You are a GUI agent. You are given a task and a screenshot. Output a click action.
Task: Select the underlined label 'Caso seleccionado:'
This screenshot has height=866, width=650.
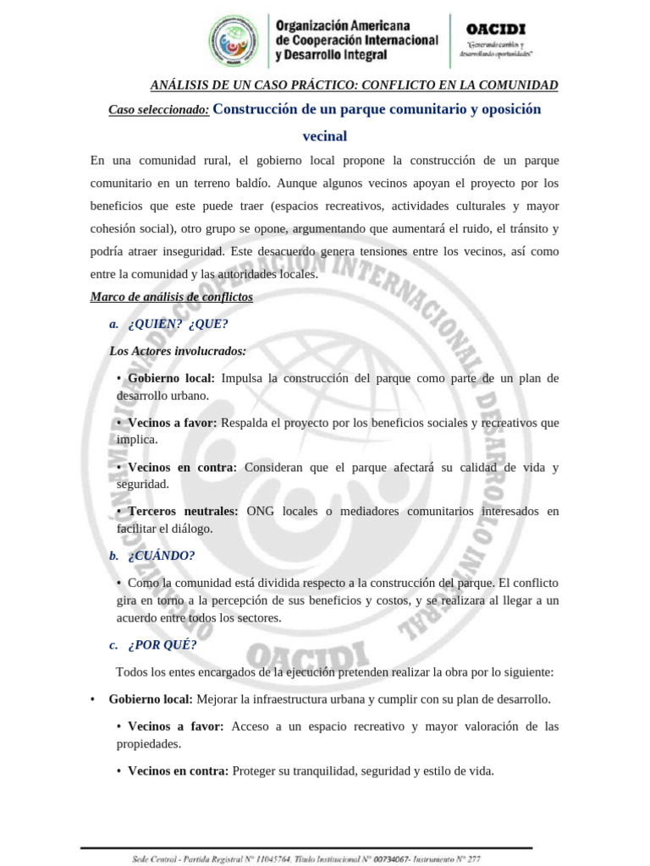tap(159, 110)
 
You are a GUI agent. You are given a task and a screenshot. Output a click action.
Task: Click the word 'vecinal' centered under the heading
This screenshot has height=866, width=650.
tap(325, 135)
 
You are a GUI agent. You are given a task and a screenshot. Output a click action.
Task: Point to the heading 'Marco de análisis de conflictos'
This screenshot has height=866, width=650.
tap(171, 296)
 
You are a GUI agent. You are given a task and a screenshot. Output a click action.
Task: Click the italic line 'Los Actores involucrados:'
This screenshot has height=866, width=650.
tap(178, 350)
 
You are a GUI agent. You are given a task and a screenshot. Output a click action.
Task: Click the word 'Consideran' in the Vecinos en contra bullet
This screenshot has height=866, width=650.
tap(276, 467)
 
